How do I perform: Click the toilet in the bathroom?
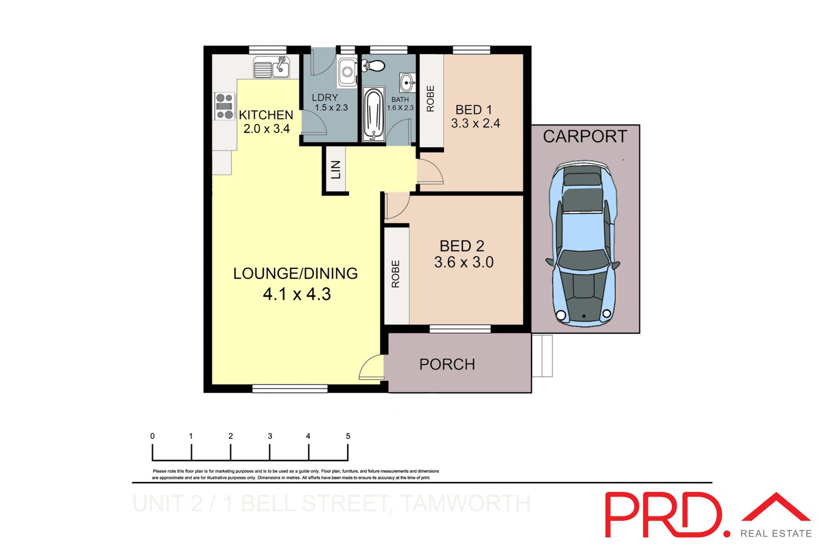point(373,66)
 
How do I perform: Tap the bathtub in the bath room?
point(373,114)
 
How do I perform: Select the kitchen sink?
point(272,68)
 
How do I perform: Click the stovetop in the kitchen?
point(224,106)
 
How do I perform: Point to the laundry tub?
point(348,72)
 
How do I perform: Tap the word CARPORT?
point(585,136)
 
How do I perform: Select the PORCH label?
point(447,364)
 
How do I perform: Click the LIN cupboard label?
point(336,170)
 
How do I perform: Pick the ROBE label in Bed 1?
point(431,99)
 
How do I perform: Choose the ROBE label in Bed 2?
point(396,273)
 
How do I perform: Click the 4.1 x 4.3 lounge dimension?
point(297,294)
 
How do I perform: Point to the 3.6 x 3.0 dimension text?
point(463,262)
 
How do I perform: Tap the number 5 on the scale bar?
point(348,436)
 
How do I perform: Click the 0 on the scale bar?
point(152,436)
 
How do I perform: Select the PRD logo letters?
point(664,515)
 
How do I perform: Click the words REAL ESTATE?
point(776,534)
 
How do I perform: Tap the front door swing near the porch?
point(371,368)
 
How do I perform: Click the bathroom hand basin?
point(407,82)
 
